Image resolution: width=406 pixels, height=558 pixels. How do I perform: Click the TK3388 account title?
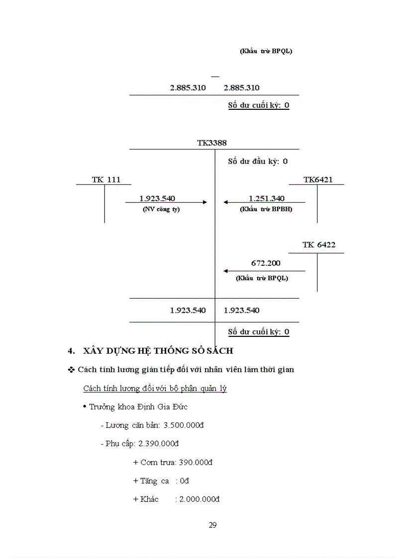(212, 143)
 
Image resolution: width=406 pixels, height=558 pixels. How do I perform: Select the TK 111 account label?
(106, 180)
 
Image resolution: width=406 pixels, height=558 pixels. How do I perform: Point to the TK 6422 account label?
(319, 245)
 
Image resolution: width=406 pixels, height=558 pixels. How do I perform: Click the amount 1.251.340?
(267, 198)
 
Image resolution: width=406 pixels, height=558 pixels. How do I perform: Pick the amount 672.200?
(266, 263)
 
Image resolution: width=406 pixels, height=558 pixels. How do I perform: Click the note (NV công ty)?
(161, 209)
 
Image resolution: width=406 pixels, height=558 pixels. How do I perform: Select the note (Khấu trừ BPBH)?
(266, 209)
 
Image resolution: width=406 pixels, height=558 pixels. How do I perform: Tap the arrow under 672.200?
(264, 271)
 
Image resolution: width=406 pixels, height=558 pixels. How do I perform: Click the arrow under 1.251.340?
(264, 202)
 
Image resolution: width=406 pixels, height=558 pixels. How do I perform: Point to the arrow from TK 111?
(166, 202)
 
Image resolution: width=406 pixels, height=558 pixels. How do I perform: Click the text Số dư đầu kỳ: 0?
(258, 161)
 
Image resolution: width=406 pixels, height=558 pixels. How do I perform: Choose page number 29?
(212, 525)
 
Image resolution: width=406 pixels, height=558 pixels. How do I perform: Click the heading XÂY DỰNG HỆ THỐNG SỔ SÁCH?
(157, 351)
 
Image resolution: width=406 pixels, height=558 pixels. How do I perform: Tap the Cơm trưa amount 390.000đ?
(196, 462)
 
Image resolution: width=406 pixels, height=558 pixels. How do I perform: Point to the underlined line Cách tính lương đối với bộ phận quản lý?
(155, 389)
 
